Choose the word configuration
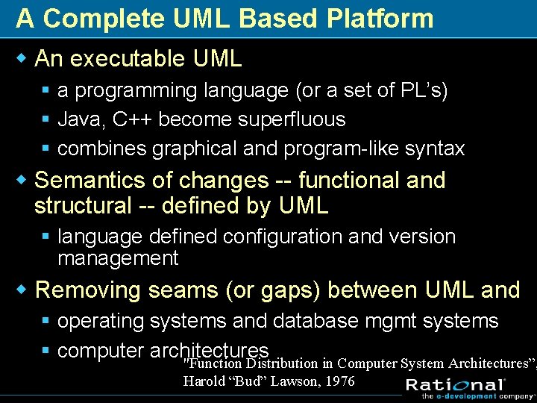284,237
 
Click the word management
118,258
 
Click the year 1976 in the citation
340,381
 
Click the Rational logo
455,385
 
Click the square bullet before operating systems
46,322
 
